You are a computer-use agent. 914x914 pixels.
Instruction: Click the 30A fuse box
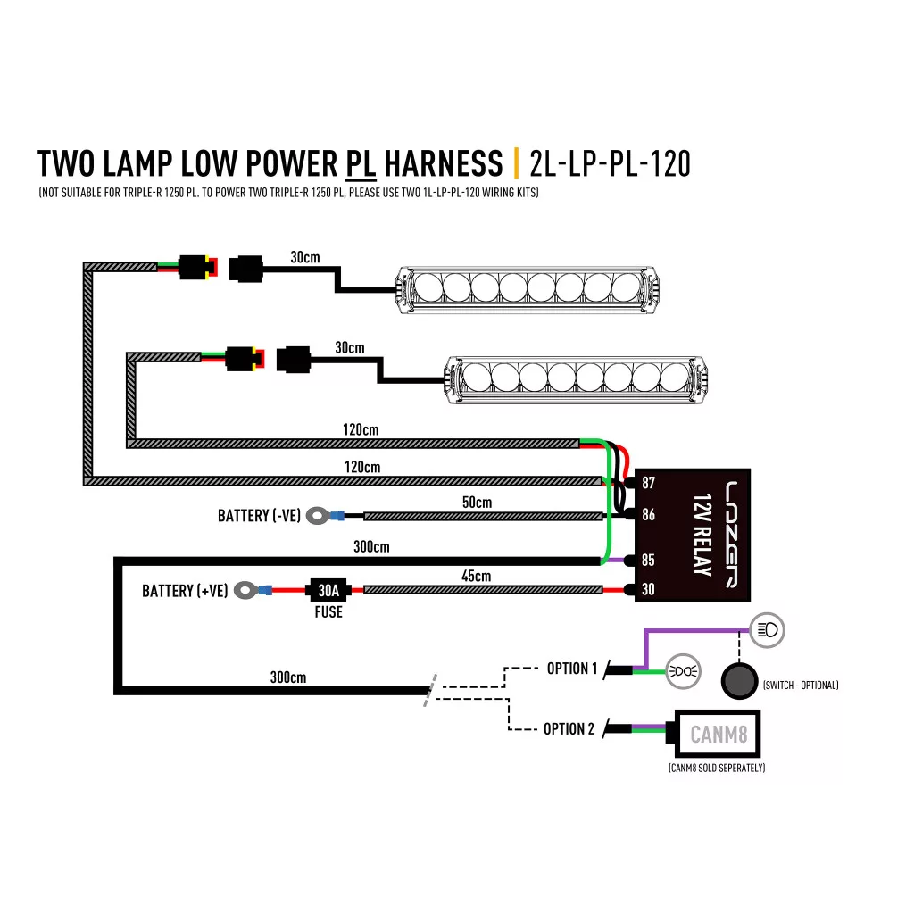[x=328, y=590]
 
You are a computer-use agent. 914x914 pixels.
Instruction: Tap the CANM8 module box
[x=719, y=735]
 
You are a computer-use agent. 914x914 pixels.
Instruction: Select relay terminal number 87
[x=648, y=483]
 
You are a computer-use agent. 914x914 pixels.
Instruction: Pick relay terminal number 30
[x=648, y=589]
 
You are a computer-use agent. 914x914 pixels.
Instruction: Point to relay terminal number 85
[x=648, y=561]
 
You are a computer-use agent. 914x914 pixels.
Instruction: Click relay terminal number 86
[x=648, y=515]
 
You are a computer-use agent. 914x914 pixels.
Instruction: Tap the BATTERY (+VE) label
[x=185, y=591]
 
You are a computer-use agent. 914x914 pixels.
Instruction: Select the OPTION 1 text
[x=572, y=669]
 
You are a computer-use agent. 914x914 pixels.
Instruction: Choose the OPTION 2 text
[x=569, y=729]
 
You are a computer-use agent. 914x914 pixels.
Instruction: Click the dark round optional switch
[x=738, y=682]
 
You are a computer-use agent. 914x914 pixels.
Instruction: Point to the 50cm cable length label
[x=477, y=503]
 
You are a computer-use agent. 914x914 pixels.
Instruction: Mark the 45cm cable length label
[x=476, y=577]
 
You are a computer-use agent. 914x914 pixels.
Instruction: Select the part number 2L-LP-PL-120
[x=610, y=164]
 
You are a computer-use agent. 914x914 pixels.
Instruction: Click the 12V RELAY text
[x=702, y=534]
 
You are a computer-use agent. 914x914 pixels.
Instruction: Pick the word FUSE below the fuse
[x=328, y=612]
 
